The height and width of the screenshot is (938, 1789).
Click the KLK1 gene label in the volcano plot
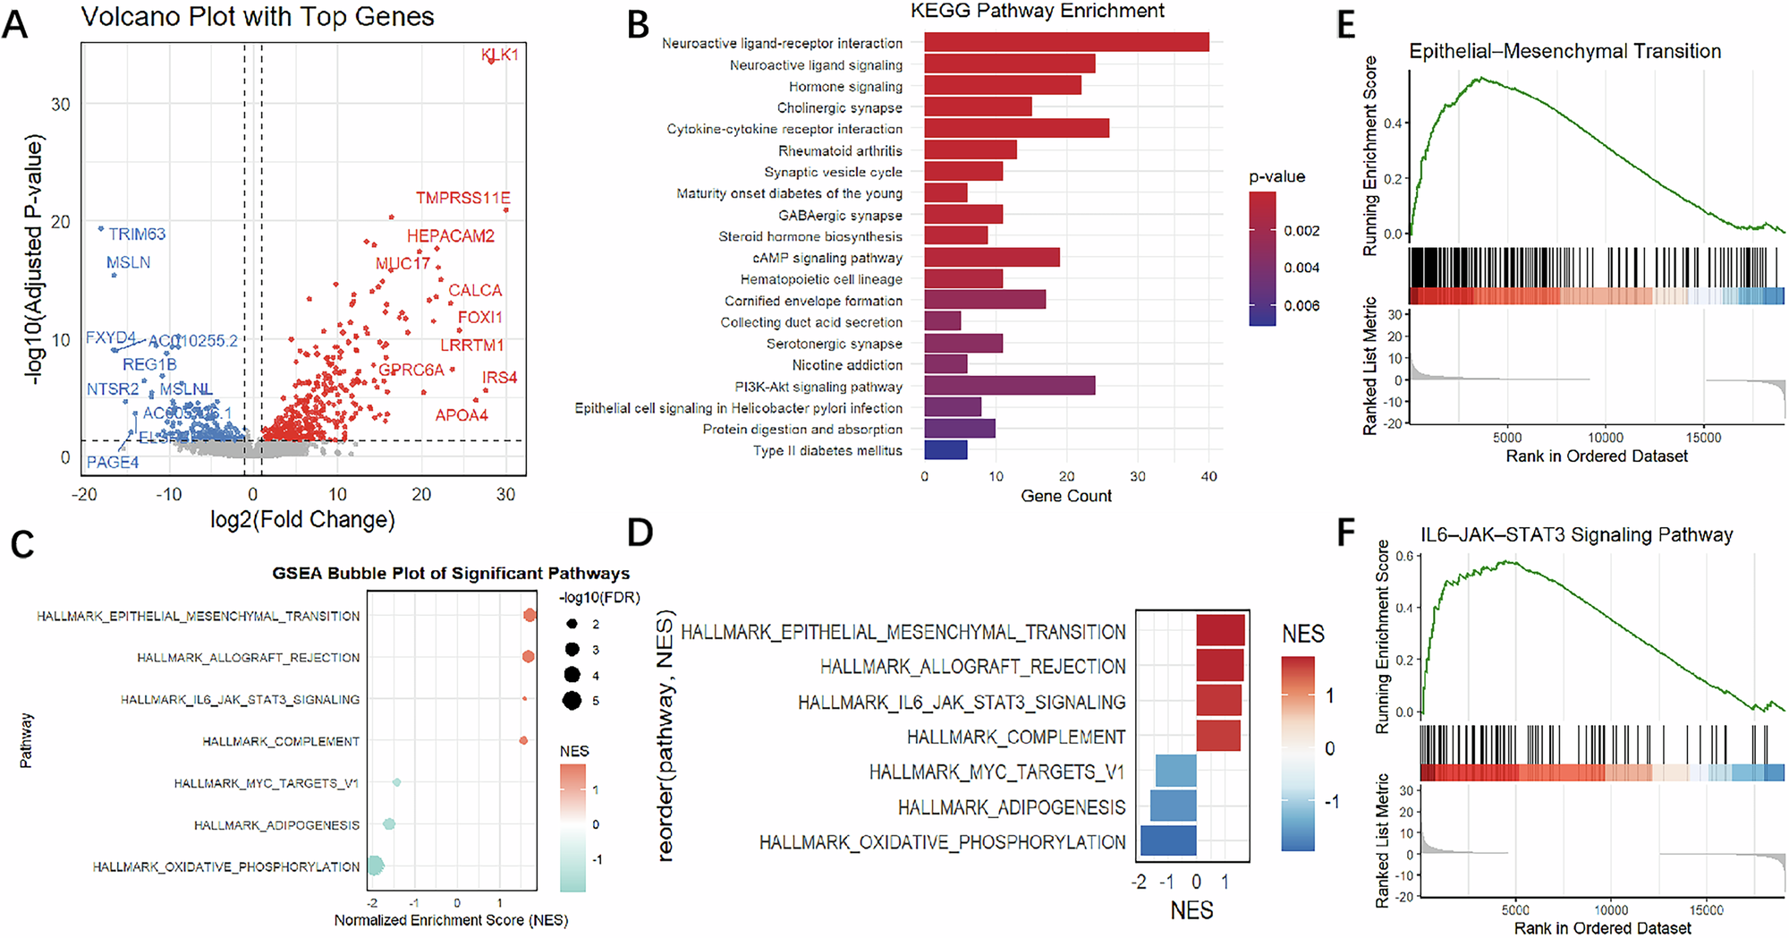499,55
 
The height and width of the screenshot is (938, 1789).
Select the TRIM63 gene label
137,234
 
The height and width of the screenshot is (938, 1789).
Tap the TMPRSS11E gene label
462,198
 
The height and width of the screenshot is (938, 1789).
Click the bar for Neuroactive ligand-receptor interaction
1065,42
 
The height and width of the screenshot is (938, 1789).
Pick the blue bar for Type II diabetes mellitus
945,450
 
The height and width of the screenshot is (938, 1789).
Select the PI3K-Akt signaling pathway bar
1008,386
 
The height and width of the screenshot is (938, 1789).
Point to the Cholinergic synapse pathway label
839,107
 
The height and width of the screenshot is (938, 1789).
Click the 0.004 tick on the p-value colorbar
1301,268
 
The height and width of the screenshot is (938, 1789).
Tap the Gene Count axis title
1065,496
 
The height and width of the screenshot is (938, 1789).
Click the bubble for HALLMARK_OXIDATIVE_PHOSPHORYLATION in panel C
376,865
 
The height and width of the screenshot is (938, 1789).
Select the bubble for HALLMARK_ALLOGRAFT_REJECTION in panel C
528,657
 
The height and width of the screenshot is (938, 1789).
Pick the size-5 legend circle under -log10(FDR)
572,701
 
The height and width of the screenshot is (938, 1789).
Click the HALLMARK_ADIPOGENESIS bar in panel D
1173,806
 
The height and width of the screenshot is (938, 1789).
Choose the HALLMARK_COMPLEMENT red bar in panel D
1217,736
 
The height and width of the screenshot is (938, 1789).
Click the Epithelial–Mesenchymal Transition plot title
1564,51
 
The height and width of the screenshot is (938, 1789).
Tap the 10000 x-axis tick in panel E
1605,438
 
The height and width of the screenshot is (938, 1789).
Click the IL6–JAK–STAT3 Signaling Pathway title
1576,535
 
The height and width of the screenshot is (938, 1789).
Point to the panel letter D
640,533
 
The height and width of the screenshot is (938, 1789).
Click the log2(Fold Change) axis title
302,520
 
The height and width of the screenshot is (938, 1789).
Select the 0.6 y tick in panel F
1404,556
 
